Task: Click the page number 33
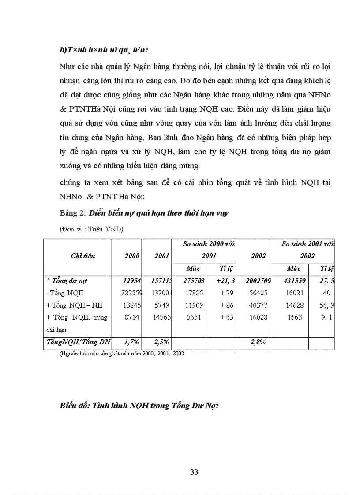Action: (x=194, y=472)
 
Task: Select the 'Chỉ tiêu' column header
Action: (x=82, y=256)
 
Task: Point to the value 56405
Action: (x=259, y=293)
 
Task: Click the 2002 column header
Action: (x=259, y=256)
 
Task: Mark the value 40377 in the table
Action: (x=259, y=305)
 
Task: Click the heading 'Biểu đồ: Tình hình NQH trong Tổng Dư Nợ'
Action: (x=139, y=406)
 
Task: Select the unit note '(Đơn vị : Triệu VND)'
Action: (x=91, y=229)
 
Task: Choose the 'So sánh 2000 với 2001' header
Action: (x=209, y=249)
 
